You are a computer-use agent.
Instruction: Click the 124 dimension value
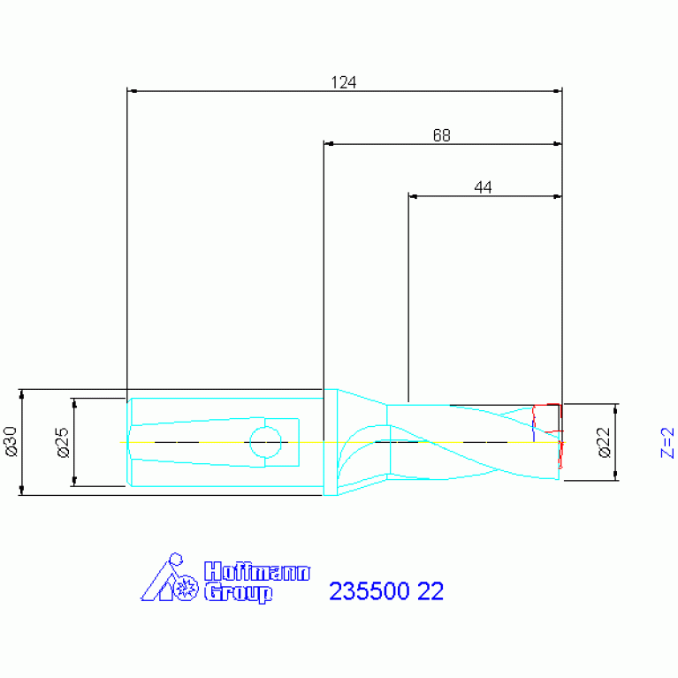343,83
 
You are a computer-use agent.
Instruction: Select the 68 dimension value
441,136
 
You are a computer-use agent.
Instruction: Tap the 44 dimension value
483,187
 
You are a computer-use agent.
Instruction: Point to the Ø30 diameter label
11,441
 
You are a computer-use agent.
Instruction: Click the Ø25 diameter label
63,441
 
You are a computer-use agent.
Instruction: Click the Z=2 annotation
667,442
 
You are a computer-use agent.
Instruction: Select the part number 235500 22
385,591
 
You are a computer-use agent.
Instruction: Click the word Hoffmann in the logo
256,572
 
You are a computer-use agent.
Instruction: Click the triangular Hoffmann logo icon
168,581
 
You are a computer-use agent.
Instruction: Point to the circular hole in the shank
265,440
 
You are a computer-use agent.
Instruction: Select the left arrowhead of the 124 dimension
132,91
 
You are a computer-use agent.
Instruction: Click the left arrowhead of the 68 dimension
328,143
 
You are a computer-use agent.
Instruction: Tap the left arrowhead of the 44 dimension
413,195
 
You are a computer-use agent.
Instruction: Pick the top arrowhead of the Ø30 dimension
22,393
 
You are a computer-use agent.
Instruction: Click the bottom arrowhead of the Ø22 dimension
615,476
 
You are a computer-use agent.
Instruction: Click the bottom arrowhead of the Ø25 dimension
74,481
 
